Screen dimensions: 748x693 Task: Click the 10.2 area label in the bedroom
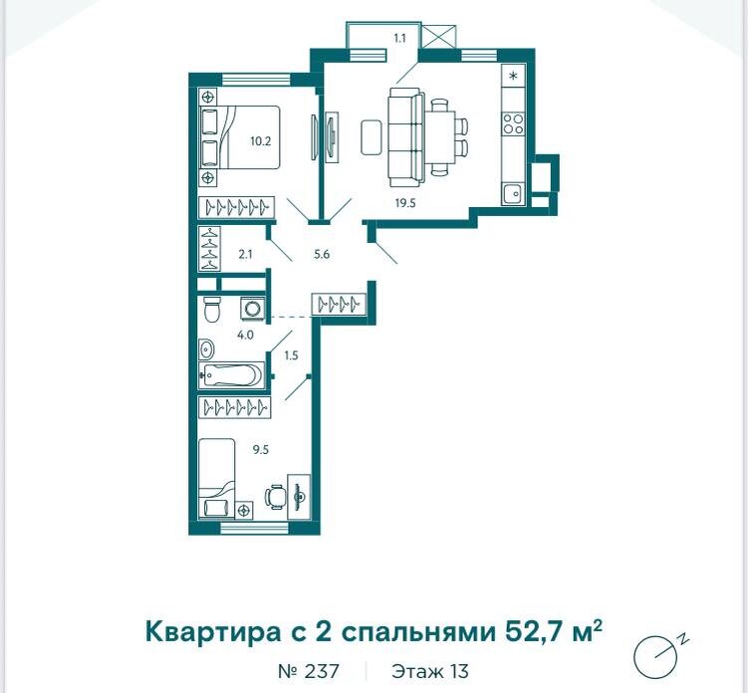tap(261, 141)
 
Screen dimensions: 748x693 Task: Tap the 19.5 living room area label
tap(405, 203)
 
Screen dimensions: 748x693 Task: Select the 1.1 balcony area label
tap(399, 38)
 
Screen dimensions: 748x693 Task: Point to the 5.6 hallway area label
tap(322, 254)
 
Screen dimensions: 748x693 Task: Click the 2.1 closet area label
tap(245, 254)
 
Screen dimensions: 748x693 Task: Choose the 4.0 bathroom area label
tap(245, 335)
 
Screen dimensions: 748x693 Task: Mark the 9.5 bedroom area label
tap(261, 449)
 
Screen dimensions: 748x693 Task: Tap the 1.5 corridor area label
tap(291, 355)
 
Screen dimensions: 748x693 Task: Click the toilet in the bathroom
tap(211, 309)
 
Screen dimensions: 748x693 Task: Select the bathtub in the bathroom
tap(232, 375)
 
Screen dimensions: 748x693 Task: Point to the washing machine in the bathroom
tap(251, 308)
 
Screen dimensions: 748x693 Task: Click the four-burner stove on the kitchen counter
tap(513, 123)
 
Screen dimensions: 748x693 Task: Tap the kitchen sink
tap(513, 193)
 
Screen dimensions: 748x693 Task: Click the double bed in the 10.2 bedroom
tap(239, 136)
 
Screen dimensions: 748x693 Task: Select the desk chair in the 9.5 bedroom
tap(275, 497)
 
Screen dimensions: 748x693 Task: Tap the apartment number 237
tap(308, 671)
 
